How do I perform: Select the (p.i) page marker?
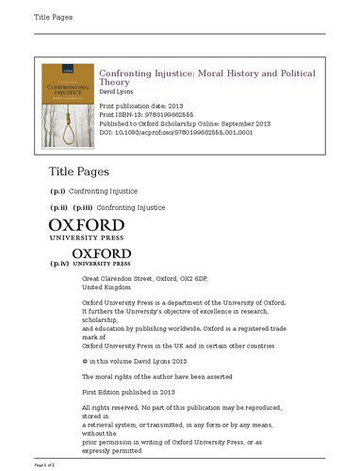pos(58,191)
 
